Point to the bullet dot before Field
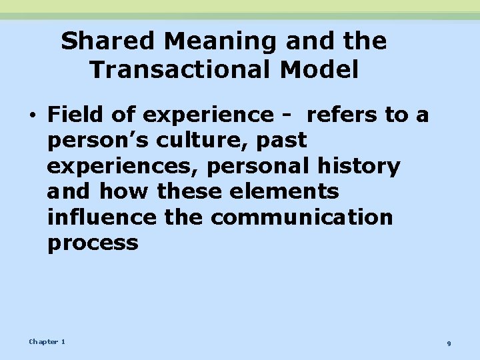tap(33, 115)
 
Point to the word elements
tap(285, 191)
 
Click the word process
tap(93, 242)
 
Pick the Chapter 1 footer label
tap(47, 342)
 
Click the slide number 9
tap(449, 343)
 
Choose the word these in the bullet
tap(190, 191)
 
